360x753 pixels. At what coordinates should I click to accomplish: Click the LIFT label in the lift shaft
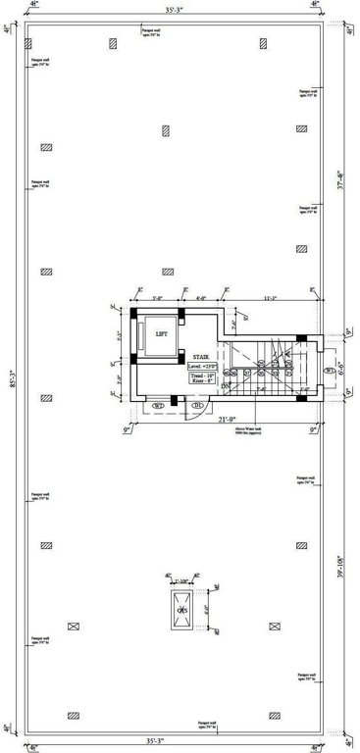pyautogui.click(x=161, y=334)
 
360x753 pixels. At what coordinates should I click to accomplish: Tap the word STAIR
pyautogui.click(x=201, y=357)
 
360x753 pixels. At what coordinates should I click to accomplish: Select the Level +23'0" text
pyautogui.click(x=202, y=366)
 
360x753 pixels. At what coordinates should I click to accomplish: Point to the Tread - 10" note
pyautogui.click(x=202, y=375)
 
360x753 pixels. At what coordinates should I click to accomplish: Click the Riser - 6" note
pyautogui.click(x=202, y=382)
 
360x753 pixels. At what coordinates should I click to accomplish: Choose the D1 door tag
pyautogui.click(x=196, y=405)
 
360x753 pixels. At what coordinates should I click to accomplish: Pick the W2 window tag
pyautogui.click(x=157, y=404)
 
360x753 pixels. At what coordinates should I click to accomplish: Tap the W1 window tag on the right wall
pyautogui.click(x=329, y=370)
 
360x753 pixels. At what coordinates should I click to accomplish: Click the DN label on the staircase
pyautogui.click(x=225, y=387)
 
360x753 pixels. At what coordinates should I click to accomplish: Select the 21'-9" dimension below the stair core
pyautogui.click(x=224, y=422)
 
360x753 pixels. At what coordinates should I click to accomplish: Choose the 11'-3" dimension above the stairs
pyautogui.click(x=269, y=298)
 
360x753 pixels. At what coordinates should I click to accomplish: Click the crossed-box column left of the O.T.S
pyautogui.click(x=71, y=625)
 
